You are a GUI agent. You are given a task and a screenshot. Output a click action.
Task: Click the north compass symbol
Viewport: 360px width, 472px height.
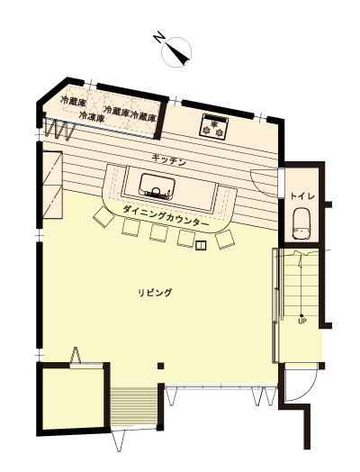pyautogui.click(x=176, y=51)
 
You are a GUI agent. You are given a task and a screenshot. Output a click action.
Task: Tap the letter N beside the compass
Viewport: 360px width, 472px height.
pyautogui.click(x=158, y=38)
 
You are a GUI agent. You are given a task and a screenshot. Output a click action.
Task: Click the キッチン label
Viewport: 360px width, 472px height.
pyautogui.click(x=169, y=159)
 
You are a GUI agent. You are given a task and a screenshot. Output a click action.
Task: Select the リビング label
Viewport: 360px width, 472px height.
pyautogui.click(x=155, y=293)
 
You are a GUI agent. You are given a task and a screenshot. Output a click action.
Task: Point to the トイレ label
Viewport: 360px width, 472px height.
pyautogui.click(x=302, y=196)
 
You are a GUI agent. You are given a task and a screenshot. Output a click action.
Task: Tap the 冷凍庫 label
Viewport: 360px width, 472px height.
pyautogui.click(x=92, y=116)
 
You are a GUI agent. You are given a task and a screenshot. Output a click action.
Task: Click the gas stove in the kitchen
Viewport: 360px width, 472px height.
pyautogui.click(x=214, y=127)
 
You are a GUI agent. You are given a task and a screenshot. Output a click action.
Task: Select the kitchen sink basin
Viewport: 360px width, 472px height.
pyautogui.click(x=157, y=187)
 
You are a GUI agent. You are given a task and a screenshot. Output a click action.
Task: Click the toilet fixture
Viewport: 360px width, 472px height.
pyautogui.click(x=302, y=223)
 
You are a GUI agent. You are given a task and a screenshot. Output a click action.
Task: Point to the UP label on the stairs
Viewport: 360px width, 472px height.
pyautogui.click(x=302, y=322)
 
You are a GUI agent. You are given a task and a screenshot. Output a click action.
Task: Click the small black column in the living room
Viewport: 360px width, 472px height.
pyautogui.click(x=161, y=366)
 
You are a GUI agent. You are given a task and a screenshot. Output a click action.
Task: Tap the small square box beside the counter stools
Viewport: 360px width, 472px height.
pyautogui.click(x=201, y=245)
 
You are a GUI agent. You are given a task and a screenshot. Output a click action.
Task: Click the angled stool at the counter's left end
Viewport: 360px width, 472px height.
pyautogui.click(x=104, y=216)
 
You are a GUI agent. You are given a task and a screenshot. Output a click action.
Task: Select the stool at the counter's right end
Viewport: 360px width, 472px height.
pyautogui.click(x=225, y=240)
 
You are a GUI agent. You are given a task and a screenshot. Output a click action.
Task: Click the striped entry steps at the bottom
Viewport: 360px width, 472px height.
pyautogui.click(x=133, y=406)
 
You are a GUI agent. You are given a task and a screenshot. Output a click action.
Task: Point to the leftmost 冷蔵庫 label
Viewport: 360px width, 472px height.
pyautogui.click(x=74, y=101)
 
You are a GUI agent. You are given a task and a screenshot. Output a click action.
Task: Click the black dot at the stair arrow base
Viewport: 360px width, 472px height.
pyautogui.click(x=301, y=316)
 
